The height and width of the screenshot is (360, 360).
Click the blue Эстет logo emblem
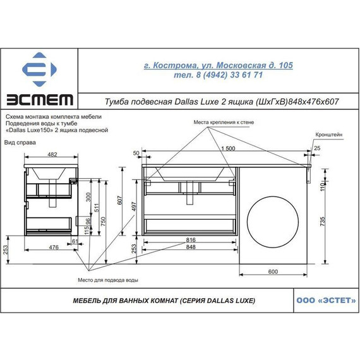pyautogui.click(x=39, y=69)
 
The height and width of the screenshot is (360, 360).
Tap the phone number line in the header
pyautogui.click(x=218, y=75)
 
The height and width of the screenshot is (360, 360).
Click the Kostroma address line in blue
pyautogui.click(x=218, y=65)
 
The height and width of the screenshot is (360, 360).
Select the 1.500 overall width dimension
pyautogui.click(x=228, y=148)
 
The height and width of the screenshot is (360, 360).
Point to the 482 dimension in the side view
pyautogui.click(x=52, y=154)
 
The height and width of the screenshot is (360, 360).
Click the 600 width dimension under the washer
pyautogui.click(x=273, y=272)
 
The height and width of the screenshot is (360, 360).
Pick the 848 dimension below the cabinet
pyautogui.click(x=191, y=247)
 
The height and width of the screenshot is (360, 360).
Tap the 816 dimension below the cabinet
pyautogui.click(x=191, y=240)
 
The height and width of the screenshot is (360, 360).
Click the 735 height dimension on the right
pyautogui.click(x=322, y=221)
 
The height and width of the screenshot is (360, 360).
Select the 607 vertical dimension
pyautogui.click(x=120, y=200)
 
